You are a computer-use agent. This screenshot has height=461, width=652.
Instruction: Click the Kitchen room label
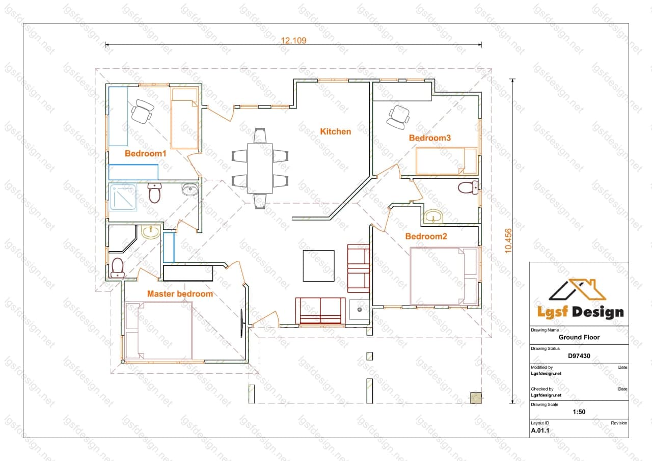tap(335, 131)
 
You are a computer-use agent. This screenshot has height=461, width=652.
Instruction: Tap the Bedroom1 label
tap(146, 153)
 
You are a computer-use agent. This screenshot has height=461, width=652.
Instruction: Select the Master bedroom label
tap(180, 294)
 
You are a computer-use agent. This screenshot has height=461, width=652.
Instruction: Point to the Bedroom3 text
tap(429, 138)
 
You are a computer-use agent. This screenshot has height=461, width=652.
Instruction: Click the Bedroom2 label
tap(426, 236)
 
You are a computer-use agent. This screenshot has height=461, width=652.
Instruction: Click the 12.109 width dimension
tap(293, 40)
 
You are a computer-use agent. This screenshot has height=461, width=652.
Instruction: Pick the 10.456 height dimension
tap(508, 240)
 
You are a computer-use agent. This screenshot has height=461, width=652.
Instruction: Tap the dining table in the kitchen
tap(260, 168)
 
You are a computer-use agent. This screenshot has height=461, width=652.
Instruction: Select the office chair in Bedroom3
tap(398, 117)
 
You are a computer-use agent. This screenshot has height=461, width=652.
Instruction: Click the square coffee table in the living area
tap(318, 266)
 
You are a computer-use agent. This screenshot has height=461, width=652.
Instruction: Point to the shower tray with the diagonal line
tap(123, 197)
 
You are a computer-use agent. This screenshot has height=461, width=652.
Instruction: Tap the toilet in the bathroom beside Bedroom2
tap(468, 187)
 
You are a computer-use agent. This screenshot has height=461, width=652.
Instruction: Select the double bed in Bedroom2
tap(444, 276)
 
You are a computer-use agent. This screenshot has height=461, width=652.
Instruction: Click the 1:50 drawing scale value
tap(579, 412)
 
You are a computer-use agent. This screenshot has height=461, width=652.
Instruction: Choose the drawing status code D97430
tap(579, 356)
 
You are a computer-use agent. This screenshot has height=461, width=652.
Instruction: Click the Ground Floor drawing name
tap(579, 337)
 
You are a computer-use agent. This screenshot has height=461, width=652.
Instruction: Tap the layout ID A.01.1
tap(540, 430)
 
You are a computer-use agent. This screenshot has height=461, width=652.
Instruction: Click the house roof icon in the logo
tap(578, 289)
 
